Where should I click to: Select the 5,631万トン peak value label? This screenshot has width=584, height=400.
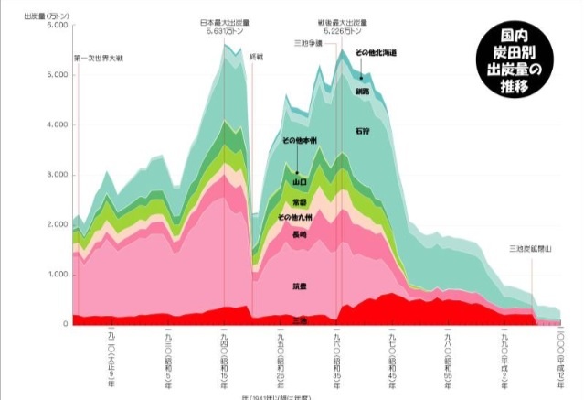(x=224, y=32)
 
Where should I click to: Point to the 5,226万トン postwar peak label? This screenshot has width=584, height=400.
(x=343, y=32)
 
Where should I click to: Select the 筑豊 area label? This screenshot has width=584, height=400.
(x=300, y=286)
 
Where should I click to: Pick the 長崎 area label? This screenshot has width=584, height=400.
(x=300, y=235)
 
